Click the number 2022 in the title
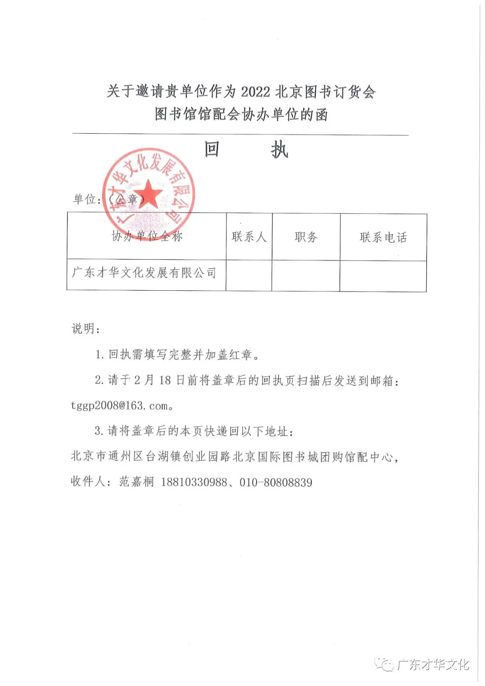[x=255, y=92]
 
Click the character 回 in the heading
[x=212, y=149]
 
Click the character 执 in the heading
[x=279, y=150]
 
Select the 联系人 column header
[x=249, y=237]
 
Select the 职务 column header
[x=306, y=237]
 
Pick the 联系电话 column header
[x=383, y=237]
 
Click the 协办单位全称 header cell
[x=147, y=236]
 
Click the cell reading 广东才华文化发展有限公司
[x=144, y=273]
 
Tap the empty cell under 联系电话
[x=383, y=276]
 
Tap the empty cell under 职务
[x=305, y=276]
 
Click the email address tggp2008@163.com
[x=119, y=406]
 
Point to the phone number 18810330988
[x=194, y=482]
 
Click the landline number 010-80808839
[x=276, y=482]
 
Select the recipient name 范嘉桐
[x=137, y=482]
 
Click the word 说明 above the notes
[x=84, y=329]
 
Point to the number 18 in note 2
[x=165, y=381]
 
